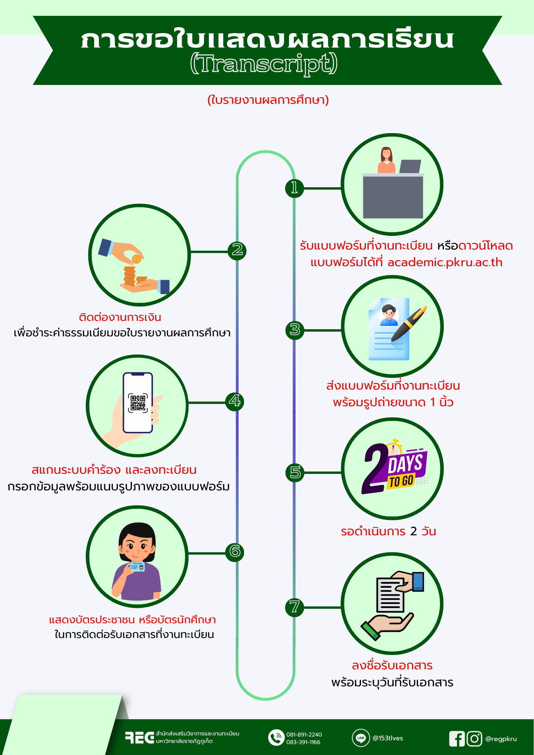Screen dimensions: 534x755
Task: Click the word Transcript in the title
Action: coord(264,63)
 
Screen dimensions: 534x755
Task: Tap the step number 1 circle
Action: coord(295,188)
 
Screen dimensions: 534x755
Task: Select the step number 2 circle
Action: coord(237,250)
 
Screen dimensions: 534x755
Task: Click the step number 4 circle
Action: coord(235,401)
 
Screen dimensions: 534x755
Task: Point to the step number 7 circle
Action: coord(295,607)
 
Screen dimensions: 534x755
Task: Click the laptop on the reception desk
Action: coord(410,166)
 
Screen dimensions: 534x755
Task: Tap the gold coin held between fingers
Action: coord(136,259)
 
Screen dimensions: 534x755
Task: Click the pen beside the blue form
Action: coord(409,324)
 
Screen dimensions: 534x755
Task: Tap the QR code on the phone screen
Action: coord(138,403)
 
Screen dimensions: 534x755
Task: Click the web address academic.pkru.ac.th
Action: coord(445,262)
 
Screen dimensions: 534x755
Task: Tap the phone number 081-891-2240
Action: coord(304,735)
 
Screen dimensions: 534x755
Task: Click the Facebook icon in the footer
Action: coord(457,739)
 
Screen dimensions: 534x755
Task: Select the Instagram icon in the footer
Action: coord(474,739)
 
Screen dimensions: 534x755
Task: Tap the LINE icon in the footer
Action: coord(361,738)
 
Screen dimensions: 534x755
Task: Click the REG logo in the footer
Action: coord(140,738)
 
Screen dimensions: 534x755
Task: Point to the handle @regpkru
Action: coord(501,739)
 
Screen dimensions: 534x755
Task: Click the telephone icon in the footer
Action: coord(276,738)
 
